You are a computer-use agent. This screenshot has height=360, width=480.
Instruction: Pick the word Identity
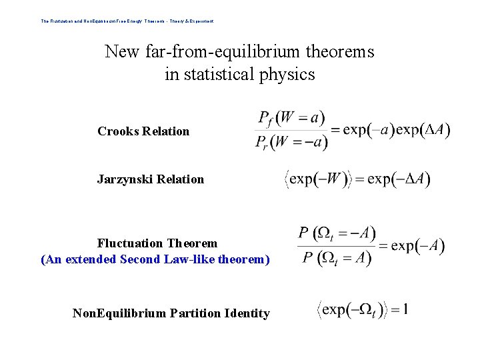247,313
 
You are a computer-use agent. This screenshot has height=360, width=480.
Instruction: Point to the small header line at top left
127,21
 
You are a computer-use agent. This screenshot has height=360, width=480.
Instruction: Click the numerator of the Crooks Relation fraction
282,119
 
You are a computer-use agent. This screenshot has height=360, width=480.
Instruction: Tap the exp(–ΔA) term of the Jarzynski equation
399,179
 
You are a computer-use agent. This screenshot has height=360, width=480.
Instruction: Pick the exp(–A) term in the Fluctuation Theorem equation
418,246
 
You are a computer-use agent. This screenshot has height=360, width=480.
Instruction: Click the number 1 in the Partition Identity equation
405,309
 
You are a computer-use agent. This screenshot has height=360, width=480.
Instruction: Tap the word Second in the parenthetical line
140,259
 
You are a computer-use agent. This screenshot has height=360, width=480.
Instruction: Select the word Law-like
187,259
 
